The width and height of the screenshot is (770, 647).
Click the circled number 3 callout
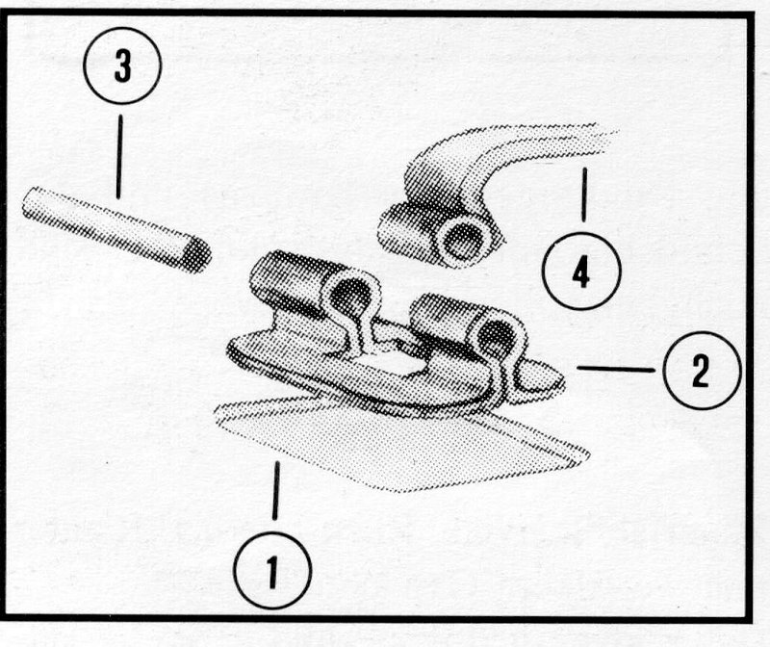(122, 65)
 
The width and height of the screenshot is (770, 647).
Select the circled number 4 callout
(581, 272)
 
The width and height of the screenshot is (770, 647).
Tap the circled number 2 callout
(702, 371)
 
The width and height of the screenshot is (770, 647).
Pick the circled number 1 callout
(272, 571)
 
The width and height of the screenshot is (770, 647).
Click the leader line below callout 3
(118, 157)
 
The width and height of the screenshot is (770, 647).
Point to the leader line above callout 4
(584, 194)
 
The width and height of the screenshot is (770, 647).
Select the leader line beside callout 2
(616, 369)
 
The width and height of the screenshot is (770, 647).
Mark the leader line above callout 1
(276, 490)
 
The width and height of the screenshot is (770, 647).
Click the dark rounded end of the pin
(195, 254)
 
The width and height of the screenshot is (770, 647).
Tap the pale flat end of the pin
(31, 202)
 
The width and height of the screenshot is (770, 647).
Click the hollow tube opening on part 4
(462, 241)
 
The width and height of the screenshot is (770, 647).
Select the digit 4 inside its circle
(581, 272)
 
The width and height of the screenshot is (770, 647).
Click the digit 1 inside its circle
(271, 571)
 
